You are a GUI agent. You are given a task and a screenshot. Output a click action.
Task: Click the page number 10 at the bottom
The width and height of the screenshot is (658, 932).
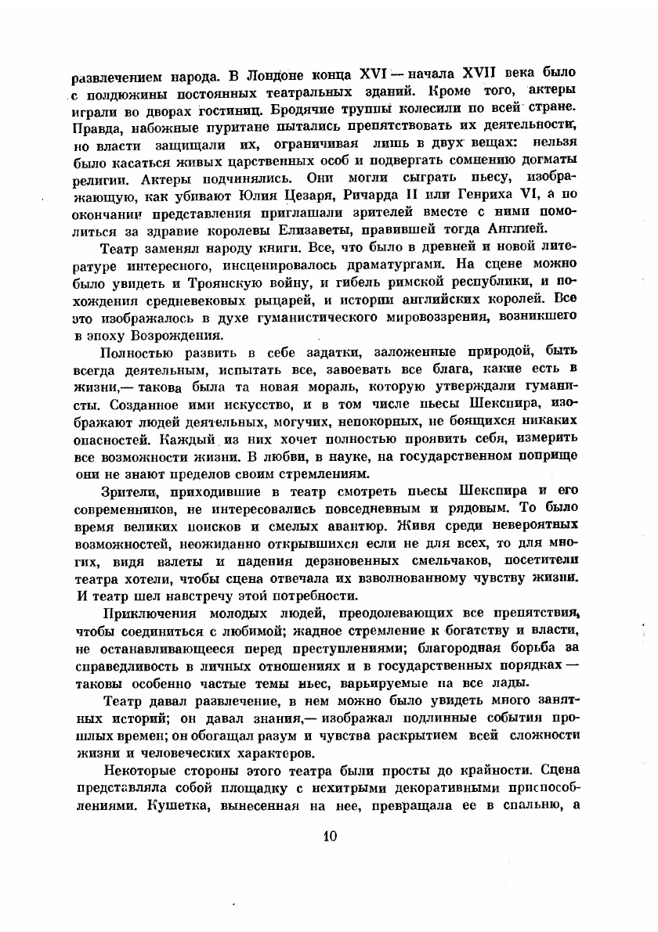[x=329, y=835]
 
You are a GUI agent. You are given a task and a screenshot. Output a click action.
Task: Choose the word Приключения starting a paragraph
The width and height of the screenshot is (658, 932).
[x=145, y=613]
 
